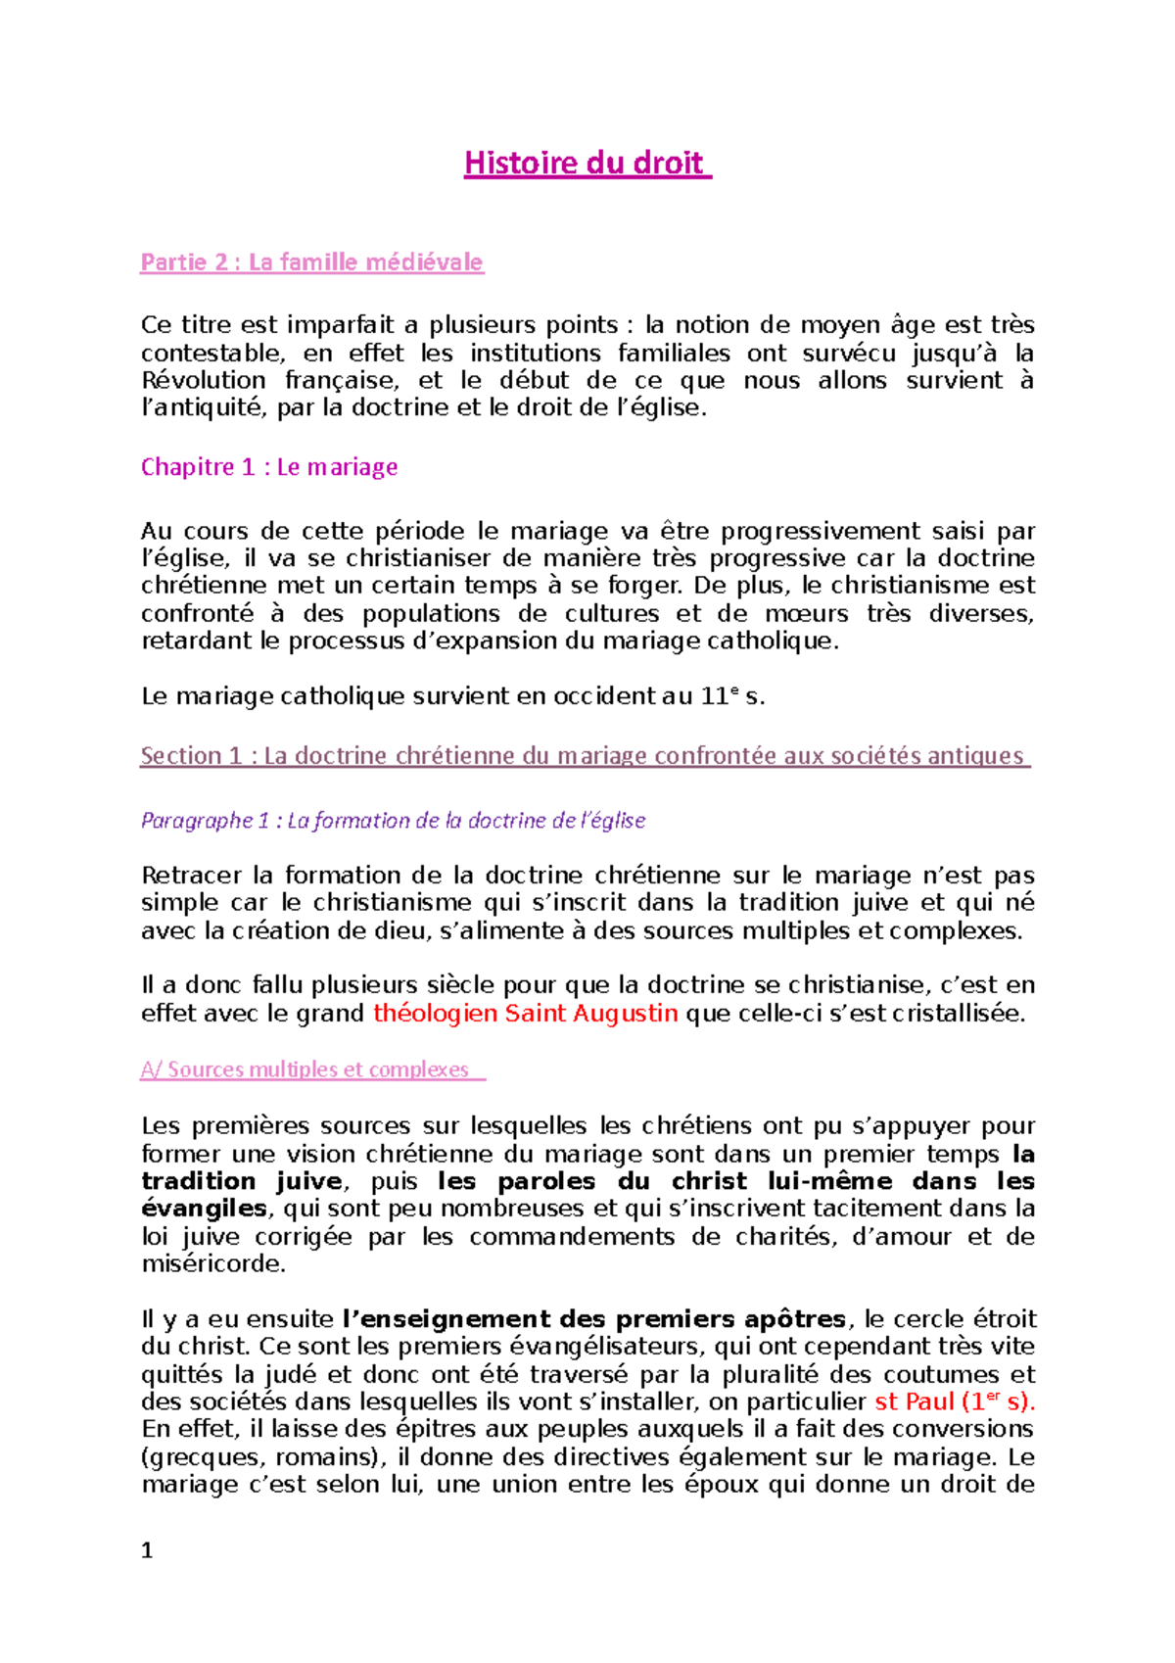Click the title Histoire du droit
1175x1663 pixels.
point(586,163)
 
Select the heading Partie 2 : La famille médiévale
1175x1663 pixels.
point(312,262)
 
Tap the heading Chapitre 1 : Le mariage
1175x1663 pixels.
point(269,467)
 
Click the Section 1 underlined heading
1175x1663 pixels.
point(584,756)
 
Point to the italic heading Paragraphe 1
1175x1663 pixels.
point(393,821)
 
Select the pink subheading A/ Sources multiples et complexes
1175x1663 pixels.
point(311,1069)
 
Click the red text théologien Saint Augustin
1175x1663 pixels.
point(526,1014)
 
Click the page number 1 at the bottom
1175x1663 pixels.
point(147,1550)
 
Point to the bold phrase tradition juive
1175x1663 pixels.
point(242,1181)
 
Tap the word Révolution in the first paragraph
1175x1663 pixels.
point(203,381)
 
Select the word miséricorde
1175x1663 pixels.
point(212,1264)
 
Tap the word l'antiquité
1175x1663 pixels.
point(203,408)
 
